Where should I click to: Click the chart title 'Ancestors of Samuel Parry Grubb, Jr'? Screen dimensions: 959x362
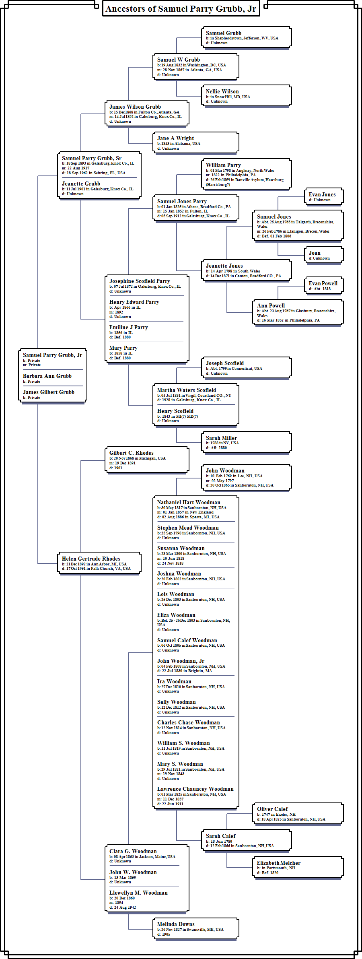(x=181, y=9)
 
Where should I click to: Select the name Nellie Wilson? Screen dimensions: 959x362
(x=222, y=92)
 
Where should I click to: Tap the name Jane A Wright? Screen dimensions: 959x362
(x=175, y=138)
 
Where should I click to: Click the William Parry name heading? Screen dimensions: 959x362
(x=223, y=165)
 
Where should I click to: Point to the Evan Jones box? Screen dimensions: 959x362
(x=323, y=197)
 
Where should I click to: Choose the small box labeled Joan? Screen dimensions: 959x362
(x=323, y=255)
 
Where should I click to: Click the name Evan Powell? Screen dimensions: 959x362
(x=323, y=284)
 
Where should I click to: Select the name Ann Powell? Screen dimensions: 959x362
(x=271, y=306)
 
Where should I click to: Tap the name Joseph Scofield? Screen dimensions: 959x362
(x=224, y=363)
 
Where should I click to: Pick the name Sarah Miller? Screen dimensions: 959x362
(x=221, y=438)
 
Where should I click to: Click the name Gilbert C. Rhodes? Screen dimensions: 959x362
(x=131, y=453)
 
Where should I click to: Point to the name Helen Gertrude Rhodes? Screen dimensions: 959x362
(x=91, y=559)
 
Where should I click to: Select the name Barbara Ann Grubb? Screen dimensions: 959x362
(x=47, y=376)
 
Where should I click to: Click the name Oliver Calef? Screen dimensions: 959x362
(x=272, y=809)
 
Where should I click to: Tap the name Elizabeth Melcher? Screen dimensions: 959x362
(x=278, y=863)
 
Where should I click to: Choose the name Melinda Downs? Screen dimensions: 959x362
(x=176, y=924)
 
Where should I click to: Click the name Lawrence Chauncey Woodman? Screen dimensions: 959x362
(x=195, y=789)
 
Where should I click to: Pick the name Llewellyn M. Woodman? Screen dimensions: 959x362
(x=138, y=893)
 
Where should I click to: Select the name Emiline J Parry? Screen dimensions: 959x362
(x=128, y=328)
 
